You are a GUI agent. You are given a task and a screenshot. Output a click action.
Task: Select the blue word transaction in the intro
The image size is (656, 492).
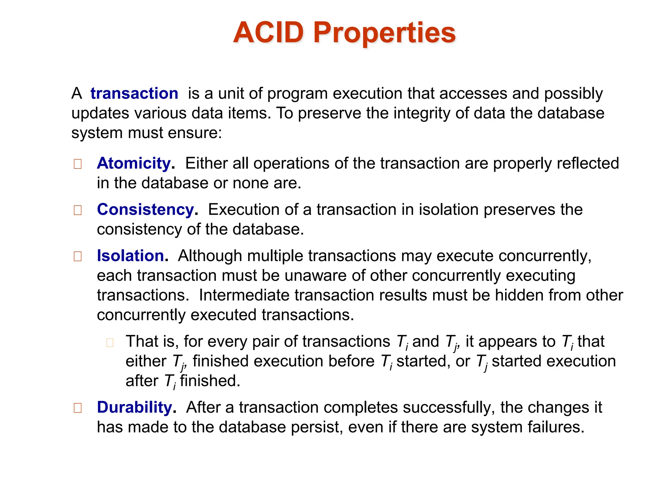(x=134, y=94)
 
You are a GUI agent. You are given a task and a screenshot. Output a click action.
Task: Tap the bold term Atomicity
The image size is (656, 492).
(x=134, y=163)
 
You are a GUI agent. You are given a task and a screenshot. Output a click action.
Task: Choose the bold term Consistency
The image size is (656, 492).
(x=146, y=209)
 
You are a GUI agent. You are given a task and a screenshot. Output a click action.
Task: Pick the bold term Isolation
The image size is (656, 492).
(x=131, y=256)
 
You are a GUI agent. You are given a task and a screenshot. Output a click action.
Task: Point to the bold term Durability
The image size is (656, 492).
(x=135, y=407)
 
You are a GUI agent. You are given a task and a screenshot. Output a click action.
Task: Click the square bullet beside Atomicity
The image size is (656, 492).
(x=78, y=164)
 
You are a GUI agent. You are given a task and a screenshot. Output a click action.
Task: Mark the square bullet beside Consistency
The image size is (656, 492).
(x=78, y=210)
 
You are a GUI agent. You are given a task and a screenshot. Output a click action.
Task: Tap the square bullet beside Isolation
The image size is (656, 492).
(x=78, y=256)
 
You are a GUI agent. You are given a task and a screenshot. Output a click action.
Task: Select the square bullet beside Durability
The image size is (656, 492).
(x=78, y=408)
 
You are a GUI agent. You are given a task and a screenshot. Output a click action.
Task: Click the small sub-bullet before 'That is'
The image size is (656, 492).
(x=110, y=343)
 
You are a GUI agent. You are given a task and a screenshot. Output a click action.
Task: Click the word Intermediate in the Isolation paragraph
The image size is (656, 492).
(x=244, y=295)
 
